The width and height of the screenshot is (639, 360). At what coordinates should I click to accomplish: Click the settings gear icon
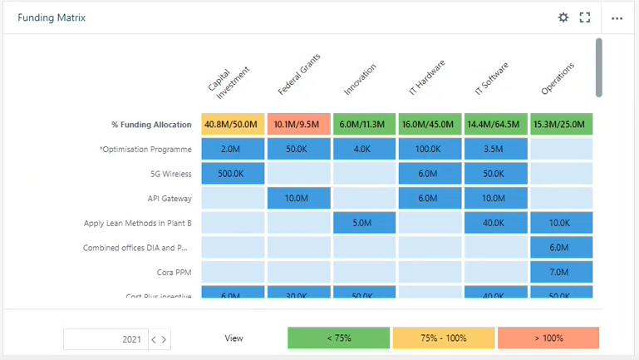(563, 17)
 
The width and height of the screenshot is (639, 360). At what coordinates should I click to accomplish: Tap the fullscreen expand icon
(585, 17)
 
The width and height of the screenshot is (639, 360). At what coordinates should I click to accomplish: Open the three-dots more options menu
(617, 17)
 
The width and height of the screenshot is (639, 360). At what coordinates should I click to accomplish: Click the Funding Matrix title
(52, 17)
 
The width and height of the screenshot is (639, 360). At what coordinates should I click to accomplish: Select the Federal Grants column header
(299, 76)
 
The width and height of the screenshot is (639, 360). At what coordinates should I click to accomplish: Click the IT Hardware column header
(430, 76)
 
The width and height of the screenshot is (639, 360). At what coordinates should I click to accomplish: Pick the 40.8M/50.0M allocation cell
(233, 125)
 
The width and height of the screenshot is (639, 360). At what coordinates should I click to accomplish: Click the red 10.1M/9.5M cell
(299, 125)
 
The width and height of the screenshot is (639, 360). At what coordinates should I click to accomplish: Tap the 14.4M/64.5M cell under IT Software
(495, 125)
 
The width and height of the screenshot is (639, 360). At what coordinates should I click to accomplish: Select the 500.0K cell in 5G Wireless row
(233, 174)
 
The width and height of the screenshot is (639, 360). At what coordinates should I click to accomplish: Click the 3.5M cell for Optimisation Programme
(495, 150)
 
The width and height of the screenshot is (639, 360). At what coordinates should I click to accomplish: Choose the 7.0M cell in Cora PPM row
(561, 272)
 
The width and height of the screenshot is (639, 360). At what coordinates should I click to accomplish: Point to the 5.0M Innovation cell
(365, 223)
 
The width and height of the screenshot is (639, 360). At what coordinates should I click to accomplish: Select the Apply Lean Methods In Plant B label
(138, 223)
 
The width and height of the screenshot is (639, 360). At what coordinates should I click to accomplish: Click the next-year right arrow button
(165, 339)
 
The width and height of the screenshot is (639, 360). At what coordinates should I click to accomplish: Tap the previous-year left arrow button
(154, 339)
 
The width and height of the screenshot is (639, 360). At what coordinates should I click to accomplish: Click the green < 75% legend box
(338, 338)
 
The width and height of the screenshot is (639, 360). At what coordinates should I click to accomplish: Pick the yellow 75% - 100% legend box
(443, 338)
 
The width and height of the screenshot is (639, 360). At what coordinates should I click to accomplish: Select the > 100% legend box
(548, 338)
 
